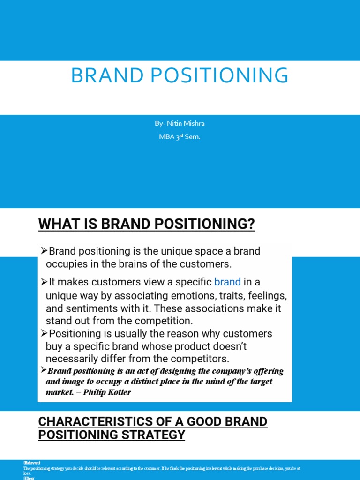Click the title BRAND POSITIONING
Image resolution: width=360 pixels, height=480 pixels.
(180, 76)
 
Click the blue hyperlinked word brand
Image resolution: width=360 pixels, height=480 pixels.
(227, 282)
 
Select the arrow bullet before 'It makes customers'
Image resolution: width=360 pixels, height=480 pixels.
(45, 282)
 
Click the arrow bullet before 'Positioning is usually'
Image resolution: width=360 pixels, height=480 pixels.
(45, 333)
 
